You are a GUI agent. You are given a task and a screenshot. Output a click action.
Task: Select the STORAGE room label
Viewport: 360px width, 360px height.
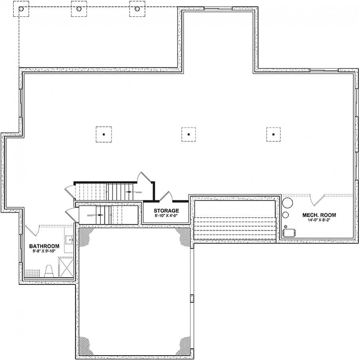[166, 211]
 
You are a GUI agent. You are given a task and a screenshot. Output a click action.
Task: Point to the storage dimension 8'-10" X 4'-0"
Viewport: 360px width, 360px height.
[166, 216]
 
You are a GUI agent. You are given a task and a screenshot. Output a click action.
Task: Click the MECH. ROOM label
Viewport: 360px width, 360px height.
[319, 215]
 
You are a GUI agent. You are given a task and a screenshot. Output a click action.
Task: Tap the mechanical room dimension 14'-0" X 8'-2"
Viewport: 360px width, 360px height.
[319, 220]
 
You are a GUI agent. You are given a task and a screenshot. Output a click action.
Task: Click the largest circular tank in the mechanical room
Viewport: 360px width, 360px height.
[287, 203]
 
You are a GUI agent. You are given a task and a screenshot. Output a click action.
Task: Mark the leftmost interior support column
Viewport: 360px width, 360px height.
[104, 134]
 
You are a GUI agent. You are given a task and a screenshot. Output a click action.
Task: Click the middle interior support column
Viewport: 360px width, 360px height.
[188, 134]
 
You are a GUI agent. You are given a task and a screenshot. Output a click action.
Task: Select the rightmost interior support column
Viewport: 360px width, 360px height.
[273, 134]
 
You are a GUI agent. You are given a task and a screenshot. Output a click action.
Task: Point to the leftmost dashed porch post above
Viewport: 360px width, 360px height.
[21, 9]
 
